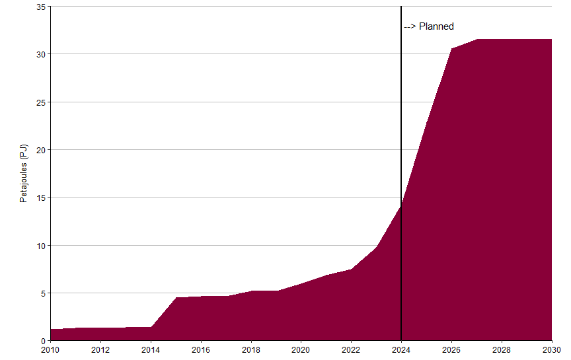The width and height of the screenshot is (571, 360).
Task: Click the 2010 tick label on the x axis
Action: click(50, 349)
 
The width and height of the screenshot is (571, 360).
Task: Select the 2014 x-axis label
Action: click(151, 349)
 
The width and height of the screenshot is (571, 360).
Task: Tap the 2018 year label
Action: click(250, 349)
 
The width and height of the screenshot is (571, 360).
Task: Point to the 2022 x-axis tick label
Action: click(351, 349)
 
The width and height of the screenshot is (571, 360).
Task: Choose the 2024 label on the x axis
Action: click(401, 349)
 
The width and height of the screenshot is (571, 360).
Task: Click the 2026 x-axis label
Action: click(451, 349)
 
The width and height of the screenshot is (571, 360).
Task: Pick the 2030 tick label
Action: click(551, 349)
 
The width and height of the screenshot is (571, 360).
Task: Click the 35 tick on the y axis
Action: click(40, 7)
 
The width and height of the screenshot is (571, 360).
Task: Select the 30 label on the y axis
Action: click(40, 54)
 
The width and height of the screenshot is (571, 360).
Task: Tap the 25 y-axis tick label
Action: click(40, 102)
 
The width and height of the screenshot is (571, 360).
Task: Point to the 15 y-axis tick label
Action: click(40, 198)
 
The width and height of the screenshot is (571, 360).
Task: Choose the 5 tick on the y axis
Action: click(42, 293)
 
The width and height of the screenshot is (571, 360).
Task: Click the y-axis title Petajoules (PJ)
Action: click(24, 174)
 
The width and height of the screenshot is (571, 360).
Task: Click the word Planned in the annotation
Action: click(436, 26)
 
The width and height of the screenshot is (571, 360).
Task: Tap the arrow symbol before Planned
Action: click(410, 26)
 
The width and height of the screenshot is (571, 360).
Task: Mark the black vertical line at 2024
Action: click(401, 132)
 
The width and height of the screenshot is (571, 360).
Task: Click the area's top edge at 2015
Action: click(176, 298)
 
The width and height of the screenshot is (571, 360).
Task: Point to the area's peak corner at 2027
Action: click(476, 40)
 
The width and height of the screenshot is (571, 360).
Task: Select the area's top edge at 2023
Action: click(376, 247)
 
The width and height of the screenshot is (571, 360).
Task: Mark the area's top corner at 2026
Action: click(451, 49)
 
